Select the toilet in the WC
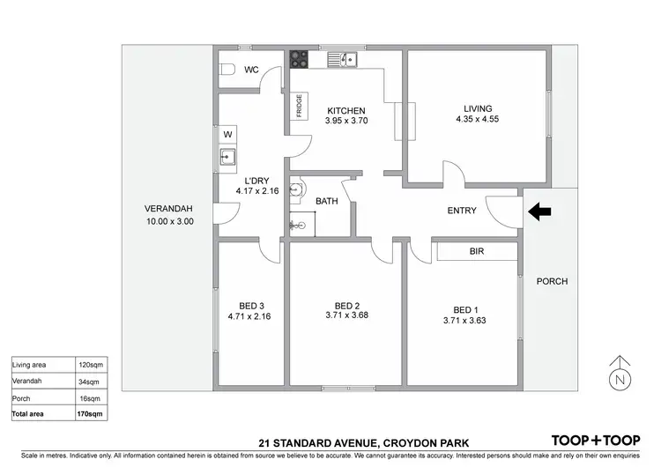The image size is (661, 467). pos(227,70)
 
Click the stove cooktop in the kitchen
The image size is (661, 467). pos(300,59)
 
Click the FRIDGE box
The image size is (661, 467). pos(301,110)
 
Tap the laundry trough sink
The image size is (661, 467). pos(227,159)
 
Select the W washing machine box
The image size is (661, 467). pos(227,134)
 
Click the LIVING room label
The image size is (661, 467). pos(478,107)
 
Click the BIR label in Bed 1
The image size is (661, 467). pos(477,251)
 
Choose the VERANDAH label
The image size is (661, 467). pos(168,209)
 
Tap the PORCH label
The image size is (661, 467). pos(552,282)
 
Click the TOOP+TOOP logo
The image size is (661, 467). pos(595,440)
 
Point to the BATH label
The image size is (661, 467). pos(327,202)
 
